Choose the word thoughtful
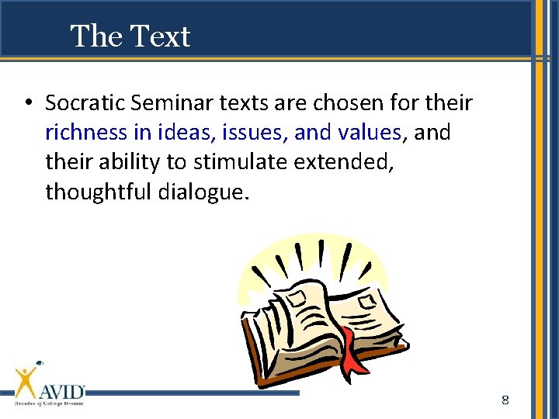[99, 192]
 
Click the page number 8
[505, 400]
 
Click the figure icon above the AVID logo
[28, 379]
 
